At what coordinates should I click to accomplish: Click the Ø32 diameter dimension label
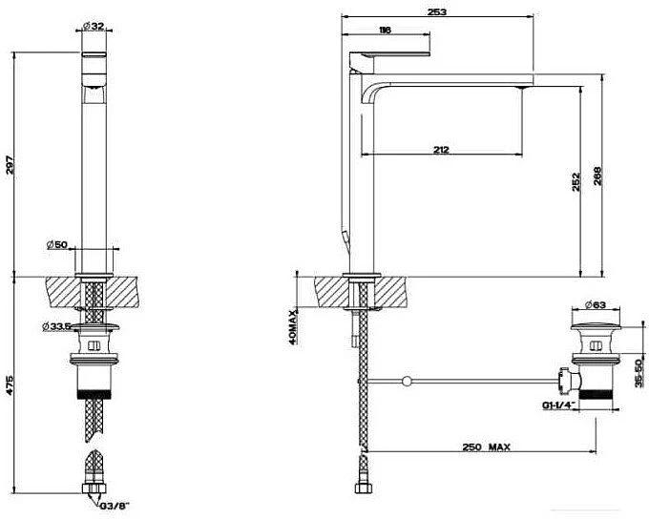click(x=94, y=26)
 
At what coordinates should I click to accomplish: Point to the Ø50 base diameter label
click(x=57, y=244)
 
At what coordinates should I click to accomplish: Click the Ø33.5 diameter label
click(x=55, y=326)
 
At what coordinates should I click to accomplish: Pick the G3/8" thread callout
click(x=115, y=506)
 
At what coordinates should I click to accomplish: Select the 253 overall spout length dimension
click(x=437, y=11)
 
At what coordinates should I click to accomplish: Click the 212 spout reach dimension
click(x=441, y=150)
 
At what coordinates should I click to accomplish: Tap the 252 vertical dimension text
click(x=576, y=181)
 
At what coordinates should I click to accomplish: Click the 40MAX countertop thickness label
click(x=293, y=327)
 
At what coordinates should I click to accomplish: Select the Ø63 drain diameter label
click(x=596, y=305)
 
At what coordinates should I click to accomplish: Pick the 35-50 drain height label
click(x=639, y=373)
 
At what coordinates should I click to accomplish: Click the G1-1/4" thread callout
click(x=558, y=405)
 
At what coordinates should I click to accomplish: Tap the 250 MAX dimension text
click(x=487, y=447)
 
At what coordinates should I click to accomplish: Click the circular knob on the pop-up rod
click(x=407, y=381)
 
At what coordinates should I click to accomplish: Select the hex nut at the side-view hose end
click(x=364, y=488)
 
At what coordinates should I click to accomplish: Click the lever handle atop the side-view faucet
click(x=390, y=54)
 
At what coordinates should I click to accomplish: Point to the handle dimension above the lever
click(x=385, y=30)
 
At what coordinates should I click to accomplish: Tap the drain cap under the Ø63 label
click(x=596, y=326)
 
